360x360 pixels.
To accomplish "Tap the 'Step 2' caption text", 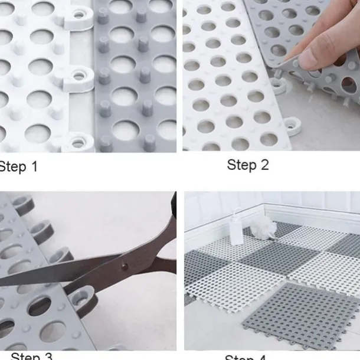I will (x=248, y=165).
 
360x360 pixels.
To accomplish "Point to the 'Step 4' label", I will (x=245, y=356).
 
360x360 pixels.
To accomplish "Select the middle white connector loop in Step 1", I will (x=78, y=77).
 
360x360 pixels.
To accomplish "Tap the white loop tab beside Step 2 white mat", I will (x=291, y=125).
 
